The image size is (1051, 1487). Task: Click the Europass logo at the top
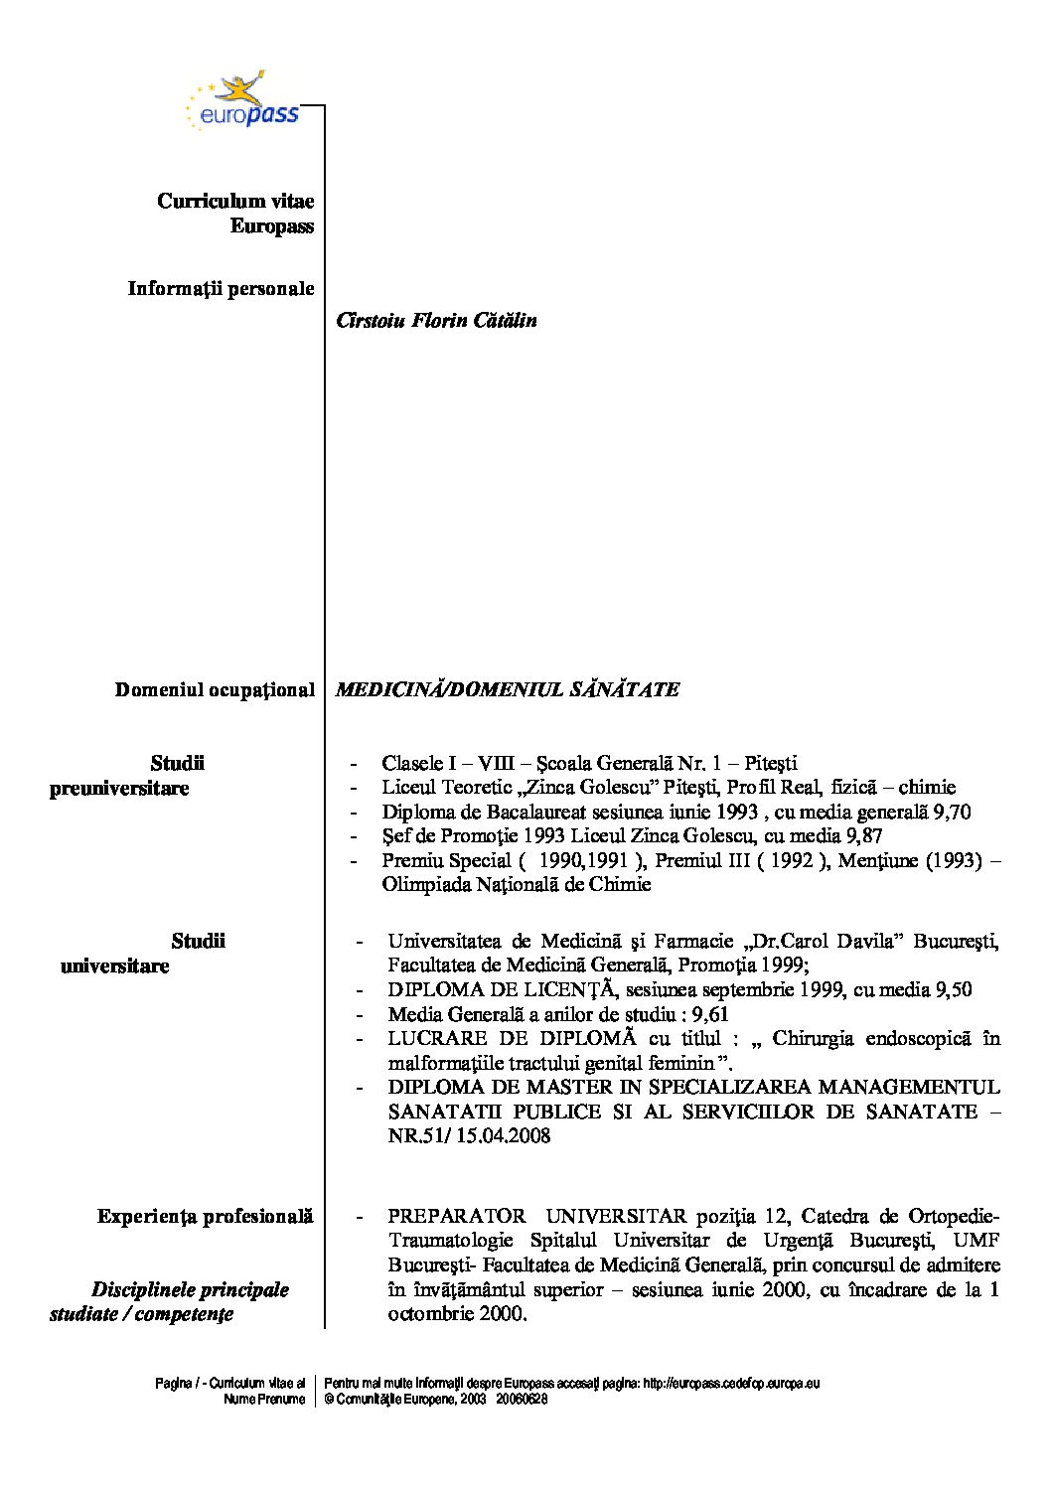[x=242, y=101]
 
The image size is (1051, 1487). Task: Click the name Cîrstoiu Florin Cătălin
[x=436, y=320]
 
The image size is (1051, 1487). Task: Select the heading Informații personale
[x=221, y=289]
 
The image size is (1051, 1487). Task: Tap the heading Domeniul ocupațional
[x=215, y=689]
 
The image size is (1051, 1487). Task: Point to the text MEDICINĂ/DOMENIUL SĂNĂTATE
[x=508, y=689]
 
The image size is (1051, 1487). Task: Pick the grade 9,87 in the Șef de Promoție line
[x=863, y=836]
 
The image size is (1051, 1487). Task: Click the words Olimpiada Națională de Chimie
[x=517, y=884]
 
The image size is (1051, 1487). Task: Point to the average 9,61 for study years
[x=710, y=1014]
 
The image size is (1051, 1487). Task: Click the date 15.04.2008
[x=504, y=1135]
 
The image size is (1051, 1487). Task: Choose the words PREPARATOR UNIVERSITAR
[x=536, y=1216]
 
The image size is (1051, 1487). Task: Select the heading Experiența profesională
[x=205, y=1216]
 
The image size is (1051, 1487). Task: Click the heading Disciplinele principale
[x=190, y=1289]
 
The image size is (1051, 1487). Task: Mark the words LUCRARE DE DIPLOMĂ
[x=512, y=1038]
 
